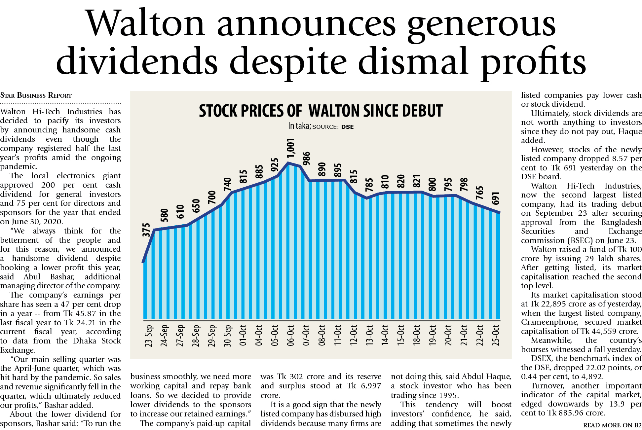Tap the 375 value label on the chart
(x=146, y=230)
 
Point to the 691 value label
(x=495, y=198)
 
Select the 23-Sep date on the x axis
(x=149, y=336)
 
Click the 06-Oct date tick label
(x=290, y=336)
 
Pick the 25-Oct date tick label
(x=496, y=336)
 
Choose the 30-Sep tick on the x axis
(x=227, y=336)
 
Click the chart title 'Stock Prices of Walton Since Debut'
(x=321, y=111)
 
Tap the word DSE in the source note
(x=347, y=127)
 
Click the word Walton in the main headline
(x=145, y=24)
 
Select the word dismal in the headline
(x=413, y=61)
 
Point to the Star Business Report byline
(x=36, y=95)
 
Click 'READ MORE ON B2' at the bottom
(x=612, y=425)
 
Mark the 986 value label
(x=307, y=159)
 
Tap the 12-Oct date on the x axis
(x=354, y=336)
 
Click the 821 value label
(x=417, y=181)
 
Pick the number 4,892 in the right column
(x=593, y=376)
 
